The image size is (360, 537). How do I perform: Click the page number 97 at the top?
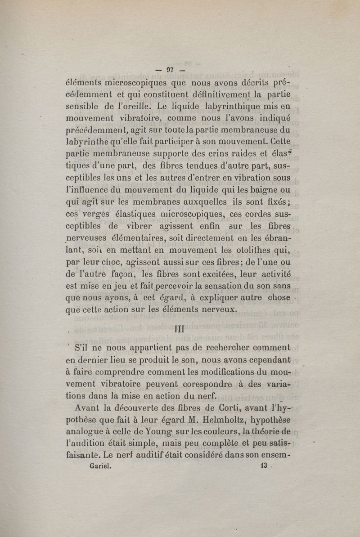[x=170, y=70]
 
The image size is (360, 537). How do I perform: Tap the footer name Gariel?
[x=101, y=466]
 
